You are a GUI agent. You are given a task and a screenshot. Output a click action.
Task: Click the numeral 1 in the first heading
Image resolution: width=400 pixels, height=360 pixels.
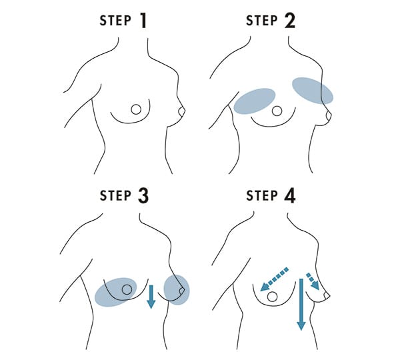pyautogui.click(x=143, y=21)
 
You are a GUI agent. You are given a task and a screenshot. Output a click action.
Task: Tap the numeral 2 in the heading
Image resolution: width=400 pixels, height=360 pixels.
pyautogui.click(x=289, y=21)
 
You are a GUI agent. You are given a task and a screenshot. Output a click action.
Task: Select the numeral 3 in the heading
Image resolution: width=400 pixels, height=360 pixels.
pyautogui.click(x=143, y=196)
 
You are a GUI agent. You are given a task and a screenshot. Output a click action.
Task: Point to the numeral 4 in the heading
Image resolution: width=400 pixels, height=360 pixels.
pyautogui.click(x=290, y=196)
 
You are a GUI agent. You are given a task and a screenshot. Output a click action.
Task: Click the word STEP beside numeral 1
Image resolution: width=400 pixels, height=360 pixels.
pyautogui.click(x=115, y=21)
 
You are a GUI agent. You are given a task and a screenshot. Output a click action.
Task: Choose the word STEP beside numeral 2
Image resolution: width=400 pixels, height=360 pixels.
pyautogui.click(x=262, y=21)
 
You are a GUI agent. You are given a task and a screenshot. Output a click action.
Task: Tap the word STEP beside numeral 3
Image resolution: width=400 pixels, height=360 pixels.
pyautogui.click(x=115, y=196)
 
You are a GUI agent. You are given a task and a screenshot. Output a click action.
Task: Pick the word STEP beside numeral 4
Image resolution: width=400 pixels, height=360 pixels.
pyautogui.click(x=262, y=196)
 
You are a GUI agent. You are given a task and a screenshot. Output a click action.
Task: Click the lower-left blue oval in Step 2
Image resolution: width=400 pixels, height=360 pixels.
pyautogui.click(x=255, y=101)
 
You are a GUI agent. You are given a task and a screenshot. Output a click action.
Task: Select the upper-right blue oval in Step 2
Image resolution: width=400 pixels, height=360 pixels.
pyautogui.click(x=313, y=91)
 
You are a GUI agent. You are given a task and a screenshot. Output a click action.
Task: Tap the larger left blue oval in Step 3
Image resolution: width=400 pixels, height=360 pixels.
pyautogui.click(x=115, y=292)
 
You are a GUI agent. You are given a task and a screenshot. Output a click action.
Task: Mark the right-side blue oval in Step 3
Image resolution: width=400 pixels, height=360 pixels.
pyautogui.click(x=176, y=290)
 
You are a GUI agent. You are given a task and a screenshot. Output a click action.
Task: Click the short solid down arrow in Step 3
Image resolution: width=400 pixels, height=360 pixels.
pyautogui.click(x=151, y=297)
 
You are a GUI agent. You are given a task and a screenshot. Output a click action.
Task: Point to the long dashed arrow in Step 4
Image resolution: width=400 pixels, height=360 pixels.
pyautogui.click(x=274, y=279)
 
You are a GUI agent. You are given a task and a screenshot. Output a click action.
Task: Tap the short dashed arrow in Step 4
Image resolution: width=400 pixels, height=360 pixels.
pyautogui.click(x=313, y=281)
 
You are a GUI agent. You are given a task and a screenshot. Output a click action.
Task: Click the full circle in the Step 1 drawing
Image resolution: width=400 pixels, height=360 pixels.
pyautogui.click(x=136, y=109)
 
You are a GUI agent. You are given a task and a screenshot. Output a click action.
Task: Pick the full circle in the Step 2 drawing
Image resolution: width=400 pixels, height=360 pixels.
pyautogui.click(x=277, y=111)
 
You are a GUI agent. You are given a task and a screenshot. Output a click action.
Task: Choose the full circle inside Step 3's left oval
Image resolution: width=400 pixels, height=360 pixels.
pyautogui.click(x=127, y=289)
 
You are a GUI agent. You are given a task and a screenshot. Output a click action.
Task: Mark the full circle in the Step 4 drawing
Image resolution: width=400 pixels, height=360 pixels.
pyautogui.click(x=272, y=297)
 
